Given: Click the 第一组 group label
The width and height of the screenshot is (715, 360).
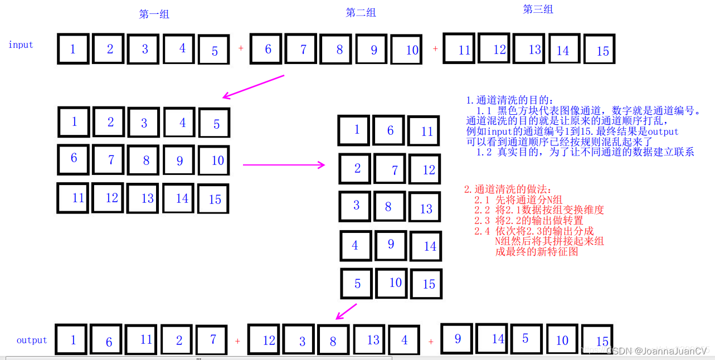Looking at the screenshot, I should click(154, 14).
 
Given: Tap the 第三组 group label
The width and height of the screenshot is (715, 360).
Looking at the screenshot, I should click(538, 9).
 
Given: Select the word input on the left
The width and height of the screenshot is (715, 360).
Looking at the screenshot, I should click(21, 45).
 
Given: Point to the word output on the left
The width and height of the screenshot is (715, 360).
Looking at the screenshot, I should click(32, 340).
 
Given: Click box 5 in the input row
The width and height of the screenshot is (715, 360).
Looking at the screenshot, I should click(214, 50).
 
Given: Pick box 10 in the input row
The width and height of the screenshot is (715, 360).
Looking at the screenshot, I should click(411, 50).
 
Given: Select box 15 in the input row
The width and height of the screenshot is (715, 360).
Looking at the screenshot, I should click(602, 50).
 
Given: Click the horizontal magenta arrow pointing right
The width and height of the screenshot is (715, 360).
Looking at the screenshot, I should click(284, 164).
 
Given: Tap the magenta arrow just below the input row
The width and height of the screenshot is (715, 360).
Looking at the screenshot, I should click(254, 86).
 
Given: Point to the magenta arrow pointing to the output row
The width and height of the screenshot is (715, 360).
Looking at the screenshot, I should click(346, 312).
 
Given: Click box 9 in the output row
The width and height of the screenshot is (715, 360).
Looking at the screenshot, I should click(457, 338).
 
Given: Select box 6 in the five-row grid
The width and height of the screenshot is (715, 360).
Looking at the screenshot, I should click(390, 130).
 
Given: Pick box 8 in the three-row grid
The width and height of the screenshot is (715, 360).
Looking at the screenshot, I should click(146, 160).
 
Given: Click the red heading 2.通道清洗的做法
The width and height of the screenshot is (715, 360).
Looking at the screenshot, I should click(507, 189).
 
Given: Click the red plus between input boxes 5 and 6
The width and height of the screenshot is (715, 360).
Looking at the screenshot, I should click(241, 48).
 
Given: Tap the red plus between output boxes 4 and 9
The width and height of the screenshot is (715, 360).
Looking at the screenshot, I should click(431, 341).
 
